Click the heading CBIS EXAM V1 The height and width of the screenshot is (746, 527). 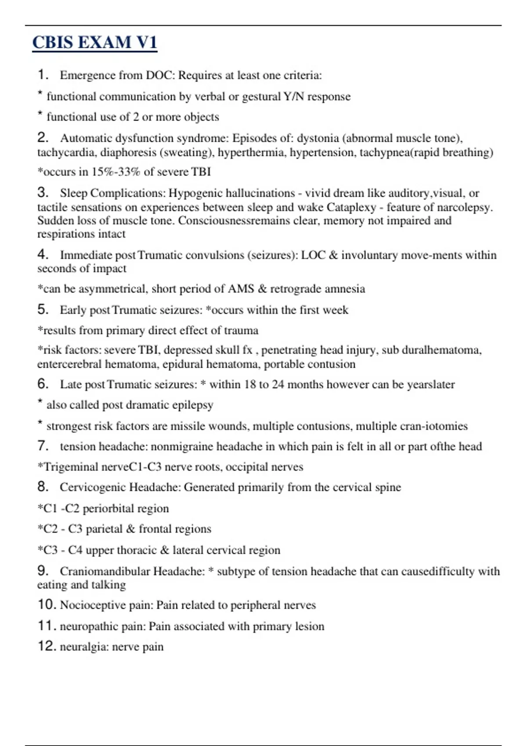pos(94,43)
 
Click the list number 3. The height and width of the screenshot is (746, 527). pos(42,192)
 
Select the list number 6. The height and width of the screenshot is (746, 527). pos(42,384)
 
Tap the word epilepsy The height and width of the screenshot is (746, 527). pos(193,405)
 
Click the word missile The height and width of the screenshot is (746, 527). pos(191,426)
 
